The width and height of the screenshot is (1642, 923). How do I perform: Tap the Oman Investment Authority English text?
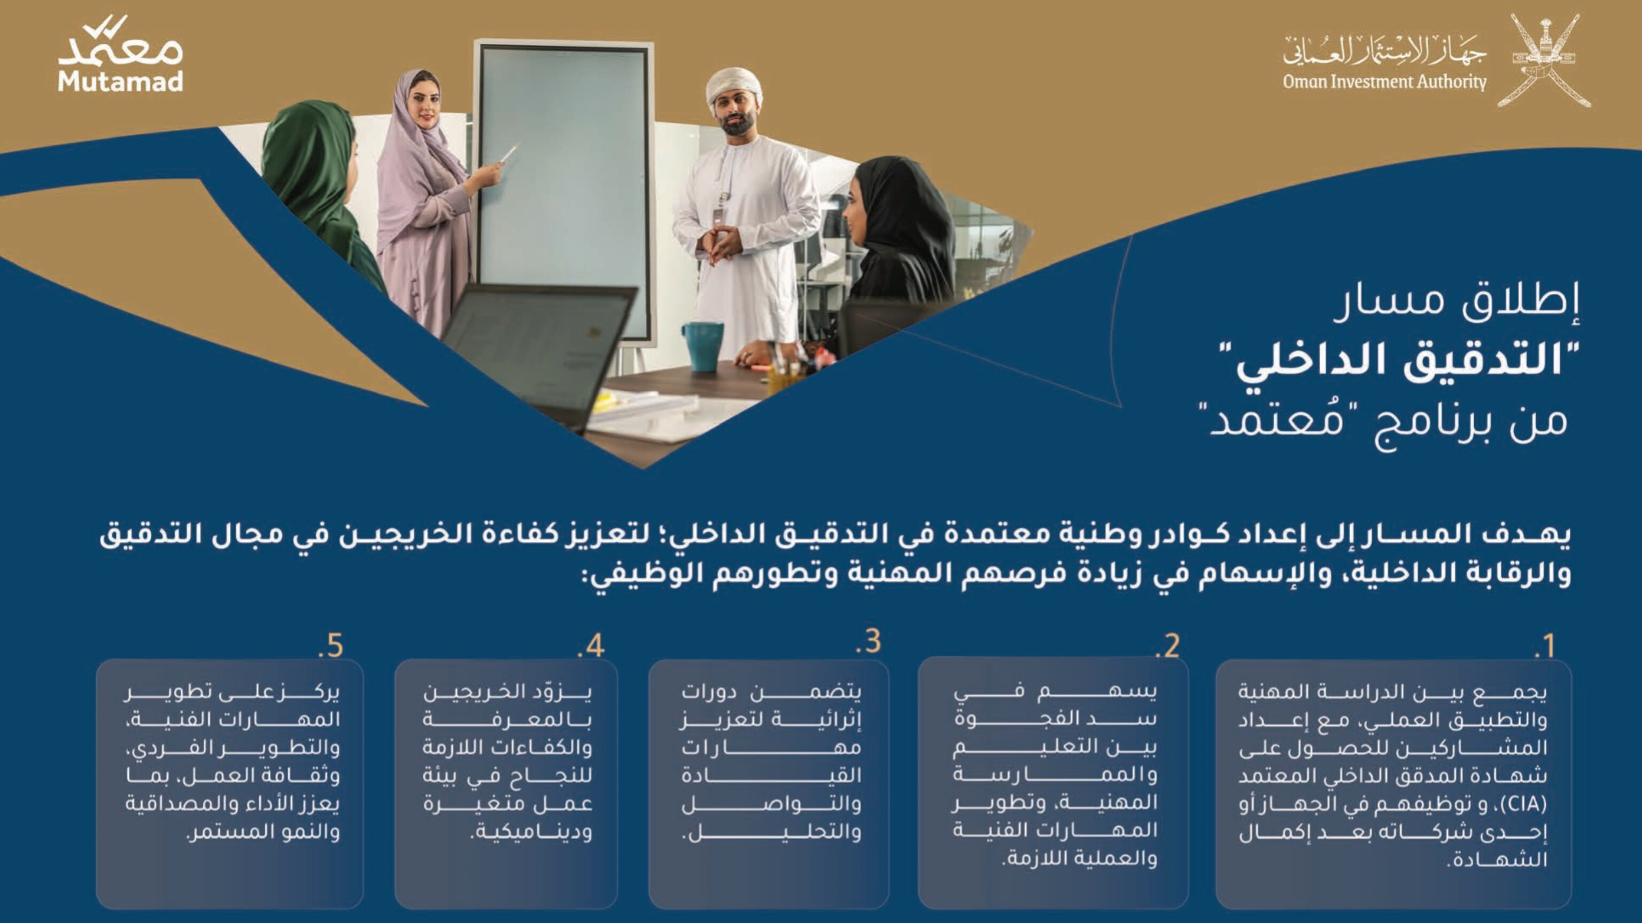click(1384, 82)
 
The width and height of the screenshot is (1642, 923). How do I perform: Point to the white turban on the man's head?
click(734, 87)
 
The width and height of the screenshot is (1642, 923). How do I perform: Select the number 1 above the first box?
click(1544, 646)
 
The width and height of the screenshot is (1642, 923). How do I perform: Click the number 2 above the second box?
click(1167, 646)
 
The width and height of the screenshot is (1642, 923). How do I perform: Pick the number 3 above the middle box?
click(869, 641)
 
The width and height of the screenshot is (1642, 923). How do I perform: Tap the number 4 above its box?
click(591, 646)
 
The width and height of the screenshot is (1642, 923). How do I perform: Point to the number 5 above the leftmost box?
click(331, 646)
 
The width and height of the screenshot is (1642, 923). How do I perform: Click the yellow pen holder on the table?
click(783, 381)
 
